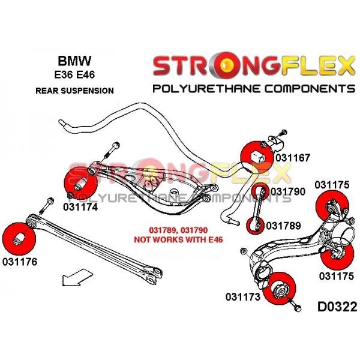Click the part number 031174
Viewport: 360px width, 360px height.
coord(80,208)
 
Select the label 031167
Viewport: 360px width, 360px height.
coord(292,158)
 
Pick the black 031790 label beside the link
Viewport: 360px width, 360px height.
coord(288,191)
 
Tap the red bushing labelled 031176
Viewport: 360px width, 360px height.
coord(20,236)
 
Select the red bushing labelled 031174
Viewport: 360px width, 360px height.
coord(79,183)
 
